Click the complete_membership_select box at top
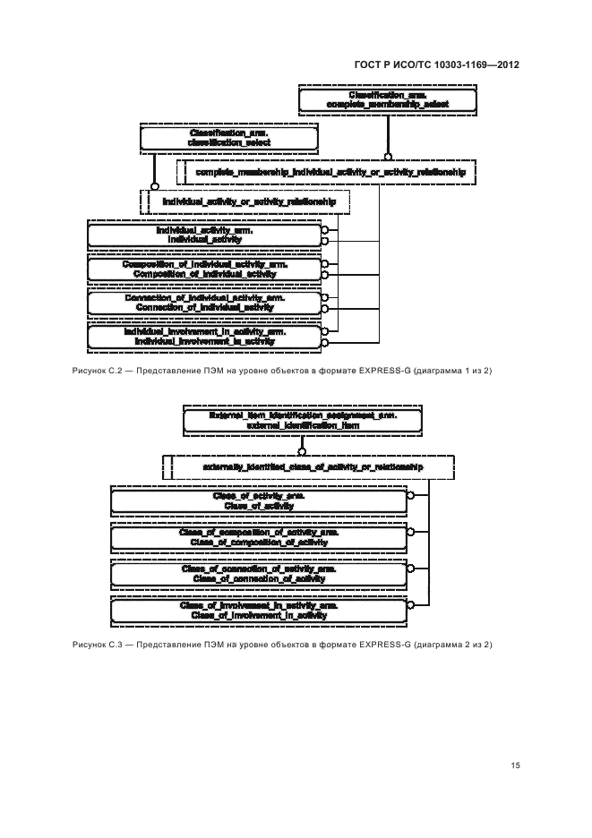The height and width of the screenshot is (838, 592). point(387,99)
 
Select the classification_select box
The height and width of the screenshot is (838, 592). point(229,137)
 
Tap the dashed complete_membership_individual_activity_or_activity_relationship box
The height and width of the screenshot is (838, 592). point(330,170)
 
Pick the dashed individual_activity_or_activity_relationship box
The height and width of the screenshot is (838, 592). point(248,202)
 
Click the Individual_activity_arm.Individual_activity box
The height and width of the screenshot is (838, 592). point(204,235)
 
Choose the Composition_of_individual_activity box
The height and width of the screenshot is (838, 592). point(204,269)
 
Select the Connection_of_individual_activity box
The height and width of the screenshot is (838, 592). point(204,303)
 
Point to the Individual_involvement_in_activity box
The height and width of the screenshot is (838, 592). point(204,336)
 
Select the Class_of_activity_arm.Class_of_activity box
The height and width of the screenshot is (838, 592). point(259,500)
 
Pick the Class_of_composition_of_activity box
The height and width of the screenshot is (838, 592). point(259,537)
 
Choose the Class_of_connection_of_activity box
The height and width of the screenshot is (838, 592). point(259,574)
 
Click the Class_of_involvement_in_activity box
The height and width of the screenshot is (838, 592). point(259,611)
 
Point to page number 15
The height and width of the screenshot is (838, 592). point(515,765)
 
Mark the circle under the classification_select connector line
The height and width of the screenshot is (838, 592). point(155,186)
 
